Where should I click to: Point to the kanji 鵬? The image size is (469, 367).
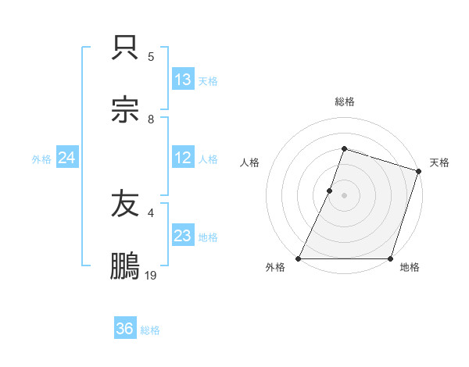(126, 265)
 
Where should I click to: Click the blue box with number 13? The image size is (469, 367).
(183, 80)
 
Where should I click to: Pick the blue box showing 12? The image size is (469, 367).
(183, 158)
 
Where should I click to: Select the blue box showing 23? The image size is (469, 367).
(183, 236)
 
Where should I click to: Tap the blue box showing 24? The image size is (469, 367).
(67, 158)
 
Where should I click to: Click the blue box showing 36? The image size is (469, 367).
(125, 329)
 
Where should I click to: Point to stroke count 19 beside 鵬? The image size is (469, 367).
(151, 275)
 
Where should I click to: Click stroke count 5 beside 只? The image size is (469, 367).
(151, 56)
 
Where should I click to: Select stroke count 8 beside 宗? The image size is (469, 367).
(151, 119)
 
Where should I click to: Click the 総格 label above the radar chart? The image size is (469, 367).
(345, 102)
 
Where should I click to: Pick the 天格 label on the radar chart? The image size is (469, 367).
(439, 162)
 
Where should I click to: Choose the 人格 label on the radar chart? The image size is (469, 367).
(250, 162)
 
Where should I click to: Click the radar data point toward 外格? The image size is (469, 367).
(299, 258)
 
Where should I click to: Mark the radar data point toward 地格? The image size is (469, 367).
(390, 258)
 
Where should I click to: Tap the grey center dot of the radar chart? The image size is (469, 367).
(345, 195)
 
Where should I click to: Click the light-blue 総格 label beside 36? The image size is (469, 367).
(150, 330)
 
